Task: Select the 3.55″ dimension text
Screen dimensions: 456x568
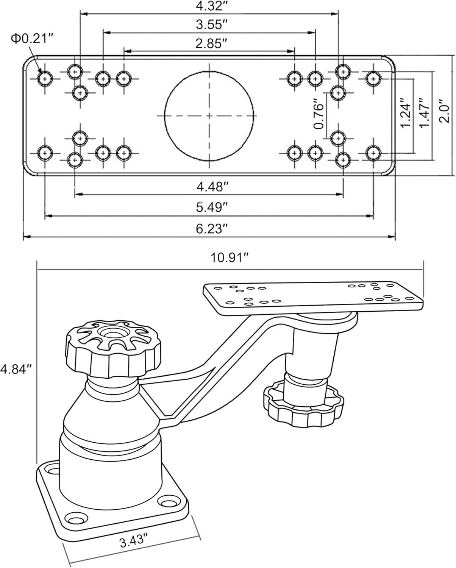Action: [212, 25]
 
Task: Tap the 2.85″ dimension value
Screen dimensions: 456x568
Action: [211, 44]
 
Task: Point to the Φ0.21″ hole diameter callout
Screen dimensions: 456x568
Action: [32, 39]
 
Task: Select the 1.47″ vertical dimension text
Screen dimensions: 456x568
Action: [425, 113]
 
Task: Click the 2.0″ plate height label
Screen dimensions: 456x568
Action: [444, 111]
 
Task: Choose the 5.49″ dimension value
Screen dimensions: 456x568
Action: [212, 208]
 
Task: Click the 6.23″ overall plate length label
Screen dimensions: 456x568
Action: [212, 229]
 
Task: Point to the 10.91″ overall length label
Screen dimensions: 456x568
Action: [230, 257]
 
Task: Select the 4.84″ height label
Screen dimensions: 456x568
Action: [16, 369]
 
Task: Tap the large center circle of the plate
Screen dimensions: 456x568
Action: [209, 116]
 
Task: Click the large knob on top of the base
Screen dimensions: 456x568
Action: [113, 348]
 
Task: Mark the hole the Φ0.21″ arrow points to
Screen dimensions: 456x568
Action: [45, 79]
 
